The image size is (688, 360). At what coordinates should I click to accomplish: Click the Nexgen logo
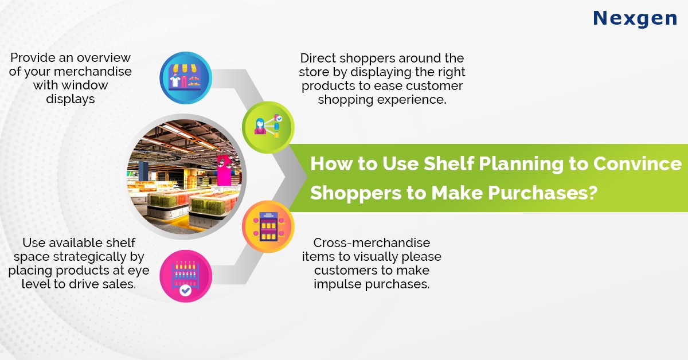pos(635,18)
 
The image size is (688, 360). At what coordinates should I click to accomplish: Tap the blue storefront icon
pos(185,79)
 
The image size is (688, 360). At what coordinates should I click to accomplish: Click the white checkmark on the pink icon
pos(185,291)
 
